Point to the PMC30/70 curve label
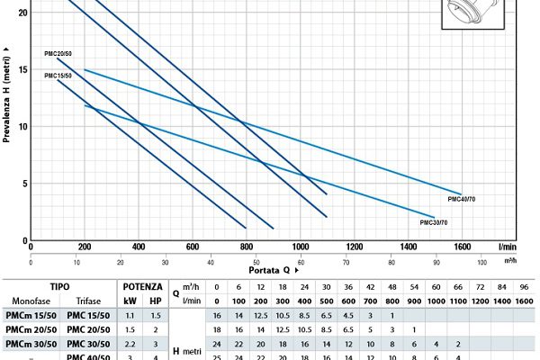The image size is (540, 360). click(x=434, y=221)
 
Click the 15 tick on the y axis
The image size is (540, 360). click(x=22, y=69)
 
